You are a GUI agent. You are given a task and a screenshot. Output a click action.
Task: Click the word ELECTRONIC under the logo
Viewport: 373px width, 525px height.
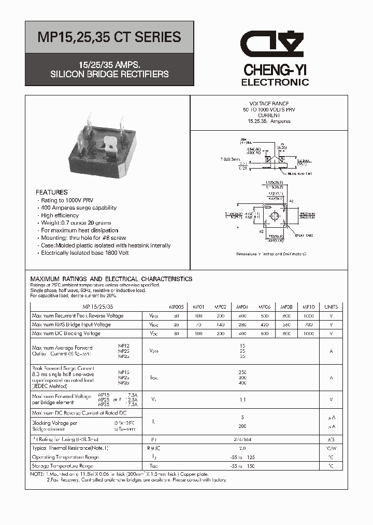(x=275, y=82)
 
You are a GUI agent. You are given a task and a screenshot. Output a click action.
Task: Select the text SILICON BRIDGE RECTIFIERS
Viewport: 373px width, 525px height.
(x=109, y=74)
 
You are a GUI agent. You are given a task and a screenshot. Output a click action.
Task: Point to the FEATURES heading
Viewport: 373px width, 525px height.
(x=52, y=192)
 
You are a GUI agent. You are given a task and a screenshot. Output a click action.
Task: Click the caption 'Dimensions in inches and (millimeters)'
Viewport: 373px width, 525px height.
(x=271, y=254)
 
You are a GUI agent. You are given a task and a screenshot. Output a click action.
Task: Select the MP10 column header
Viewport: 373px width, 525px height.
(x=308, y=307)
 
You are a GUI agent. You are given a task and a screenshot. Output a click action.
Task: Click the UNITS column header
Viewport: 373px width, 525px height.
(x=331, y=307)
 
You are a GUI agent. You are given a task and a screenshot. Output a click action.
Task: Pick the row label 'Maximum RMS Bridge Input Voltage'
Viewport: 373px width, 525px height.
(x=71, y=325)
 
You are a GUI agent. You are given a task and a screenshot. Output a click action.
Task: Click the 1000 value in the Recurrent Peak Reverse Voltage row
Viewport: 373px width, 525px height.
(x=308, y=315)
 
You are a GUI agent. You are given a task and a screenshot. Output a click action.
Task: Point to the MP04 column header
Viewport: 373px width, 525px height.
(x=242, y=307)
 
